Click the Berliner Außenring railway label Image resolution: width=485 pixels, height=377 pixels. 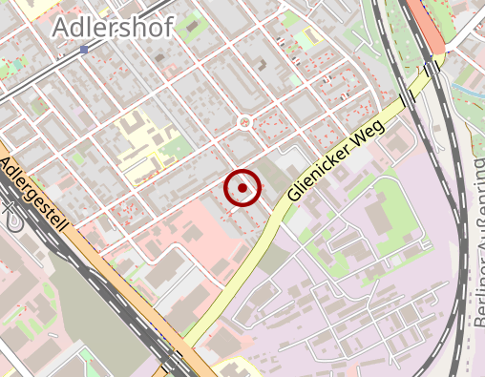pos(477,243)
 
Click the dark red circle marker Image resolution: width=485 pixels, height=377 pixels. pos(242,188)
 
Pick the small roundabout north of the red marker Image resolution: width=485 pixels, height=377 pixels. pos(244,122)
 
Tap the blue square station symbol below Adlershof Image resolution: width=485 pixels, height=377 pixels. pos(85,49)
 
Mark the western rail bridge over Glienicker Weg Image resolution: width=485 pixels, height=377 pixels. pos(408,98)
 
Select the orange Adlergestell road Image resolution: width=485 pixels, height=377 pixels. pos(115,277)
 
